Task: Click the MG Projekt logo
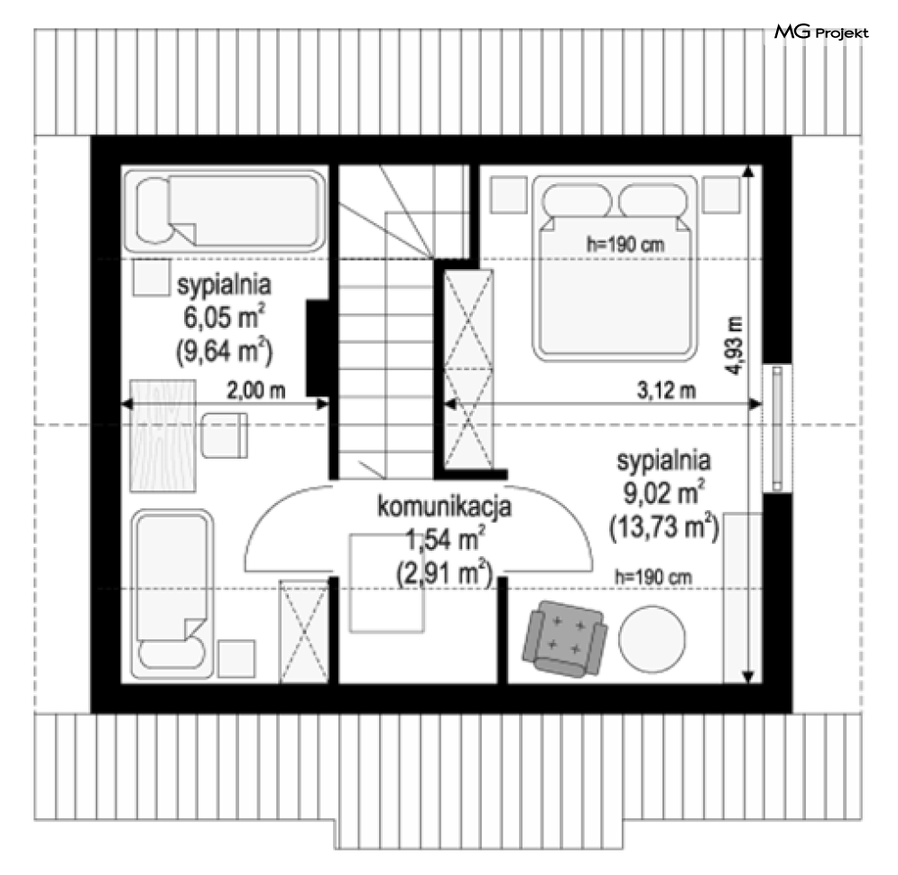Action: (x=821, y=33)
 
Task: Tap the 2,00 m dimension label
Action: (x=256, y=390)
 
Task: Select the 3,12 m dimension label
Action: (x=667, y=390)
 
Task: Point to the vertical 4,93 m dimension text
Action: (x=735, y=346)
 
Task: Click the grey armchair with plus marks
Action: (x=565, y=639)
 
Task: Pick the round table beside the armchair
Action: (x=653, y=639)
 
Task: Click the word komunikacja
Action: (x=444, y=507)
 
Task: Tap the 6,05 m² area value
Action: (x=224, y=316)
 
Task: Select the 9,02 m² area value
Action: (x=663, y=492)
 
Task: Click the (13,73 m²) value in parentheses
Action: (x=664, y=526)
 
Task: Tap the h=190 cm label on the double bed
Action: (x=625, y=245)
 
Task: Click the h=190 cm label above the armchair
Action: (x=653, y=576)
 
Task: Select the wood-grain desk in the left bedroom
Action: (x=163, y=435)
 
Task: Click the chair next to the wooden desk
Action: (x=225, y=435)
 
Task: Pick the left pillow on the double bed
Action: (x=577, y=201)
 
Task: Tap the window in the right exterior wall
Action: (x=777, y=429)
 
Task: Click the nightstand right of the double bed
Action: (x=722, y=195)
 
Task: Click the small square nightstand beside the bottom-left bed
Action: (x=236, y=658)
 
